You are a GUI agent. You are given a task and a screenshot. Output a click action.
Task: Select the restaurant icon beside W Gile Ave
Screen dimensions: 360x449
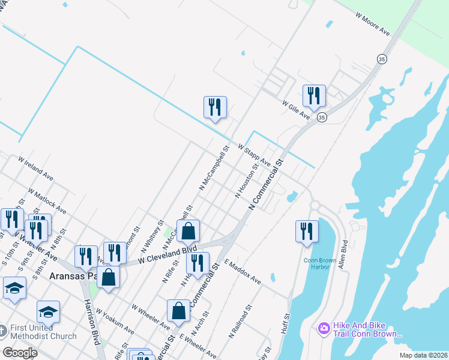click(314, 95)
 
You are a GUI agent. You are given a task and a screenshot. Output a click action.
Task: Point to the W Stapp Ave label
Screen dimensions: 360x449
click(254, 154)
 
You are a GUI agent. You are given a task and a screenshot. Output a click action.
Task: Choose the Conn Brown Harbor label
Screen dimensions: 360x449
click(316, 263)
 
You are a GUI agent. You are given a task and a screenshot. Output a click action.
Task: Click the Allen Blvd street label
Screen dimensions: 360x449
click(343, 255)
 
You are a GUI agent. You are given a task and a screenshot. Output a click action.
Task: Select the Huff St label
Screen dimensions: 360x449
click(286, 324)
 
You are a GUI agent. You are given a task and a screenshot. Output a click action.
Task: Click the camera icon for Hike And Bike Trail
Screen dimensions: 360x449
click(324, 328)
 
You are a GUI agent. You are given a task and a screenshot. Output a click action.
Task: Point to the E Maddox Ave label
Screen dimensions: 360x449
click(243, 272)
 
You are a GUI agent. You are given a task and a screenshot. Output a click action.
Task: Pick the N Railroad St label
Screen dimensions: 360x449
click(238, 324)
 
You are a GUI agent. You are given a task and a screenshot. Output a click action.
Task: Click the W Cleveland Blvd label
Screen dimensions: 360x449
click(167, 254)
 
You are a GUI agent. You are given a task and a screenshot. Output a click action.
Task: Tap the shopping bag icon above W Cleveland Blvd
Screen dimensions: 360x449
click(188, 231)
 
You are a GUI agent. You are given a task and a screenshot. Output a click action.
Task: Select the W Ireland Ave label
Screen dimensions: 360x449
click(36, 169)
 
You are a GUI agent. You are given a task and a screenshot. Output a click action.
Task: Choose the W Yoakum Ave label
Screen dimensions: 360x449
click(115, 322)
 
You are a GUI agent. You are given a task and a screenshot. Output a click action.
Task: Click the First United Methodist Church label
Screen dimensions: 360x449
click(42, 332)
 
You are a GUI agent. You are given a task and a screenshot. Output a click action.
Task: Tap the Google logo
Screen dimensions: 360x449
click(20, 352)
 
